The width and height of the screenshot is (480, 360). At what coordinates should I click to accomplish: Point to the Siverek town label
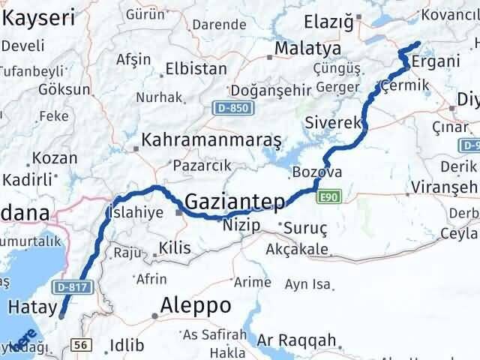coord(334,121)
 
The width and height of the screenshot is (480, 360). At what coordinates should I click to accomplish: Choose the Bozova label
coord(322,172)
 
